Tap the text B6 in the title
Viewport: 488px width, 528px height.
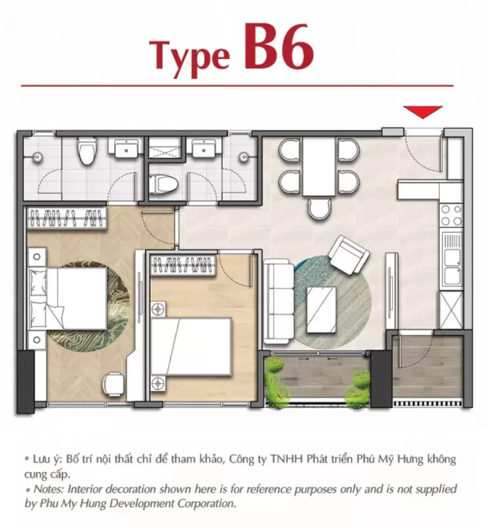tap(278, 48)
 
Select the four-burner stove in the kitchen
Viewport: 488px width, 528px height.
tap(451, 215)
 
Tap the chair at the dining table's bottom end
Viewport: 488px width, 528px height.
tap(319, 209)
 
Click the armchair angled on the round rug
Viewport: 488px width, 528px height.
tap(349, 255)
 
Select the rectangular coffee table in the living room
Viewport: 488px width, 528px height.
tap(321, 310)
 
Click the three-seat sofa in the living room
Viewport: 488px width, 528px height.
tap(279, 304)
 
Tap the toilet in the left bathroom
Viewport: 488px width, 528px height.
tap(86, 150)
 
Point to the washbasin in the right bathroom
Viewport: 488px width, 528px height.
tap(203, 149)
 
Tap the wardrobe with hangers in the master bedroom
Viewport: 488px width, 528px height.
tap(67, 218)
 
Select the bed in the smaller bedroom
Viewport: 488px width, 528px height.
tap(191, 346)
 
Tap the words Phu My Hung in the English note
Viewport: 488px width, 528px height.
tap(72, 504)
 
